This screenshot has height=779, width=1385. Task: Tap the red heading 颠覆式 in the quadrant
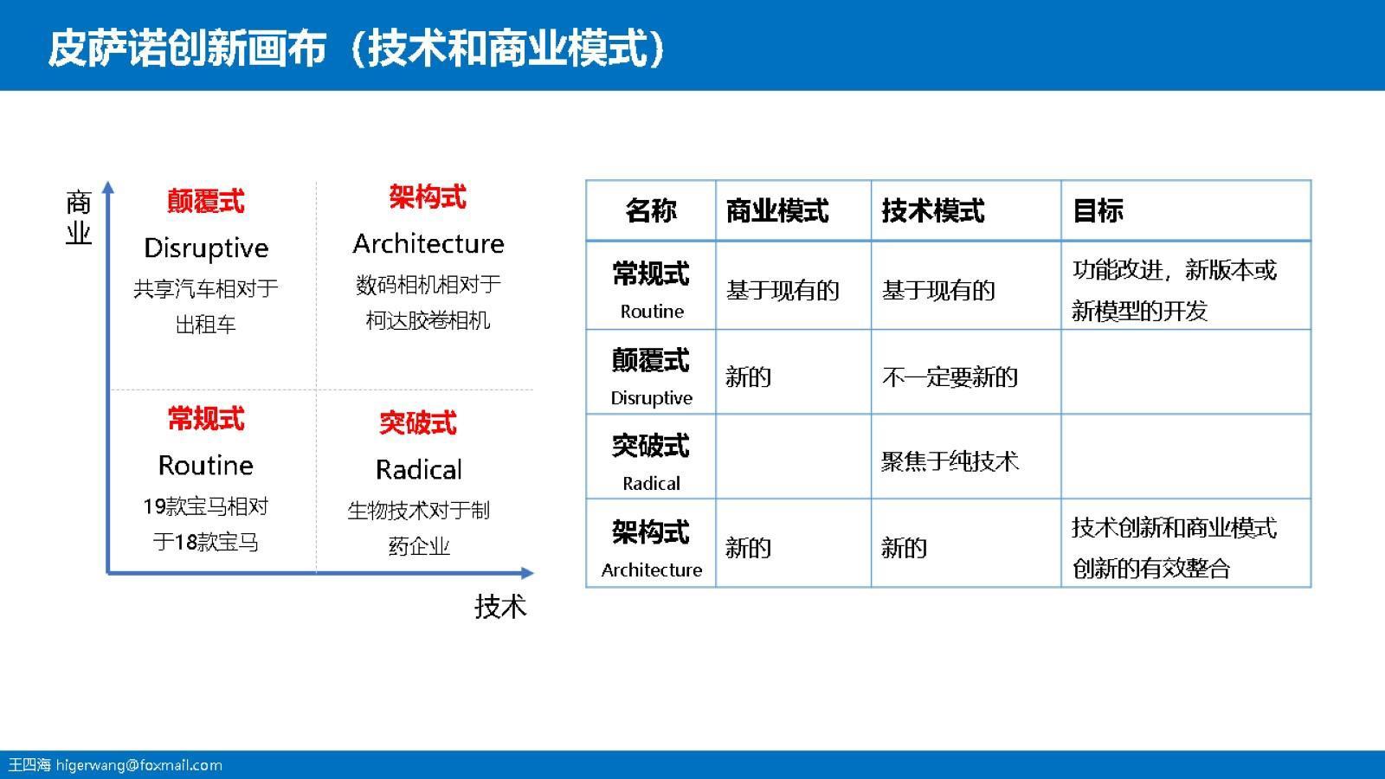tap(206, 202)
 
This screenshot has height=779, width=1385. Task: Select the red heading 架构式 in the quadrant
tap(428, 197)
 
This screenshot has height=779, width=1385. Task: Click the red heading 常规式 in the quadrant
tap(206, 419)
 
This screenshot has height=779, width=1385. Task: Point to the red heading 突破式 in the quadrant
tap(418, 423)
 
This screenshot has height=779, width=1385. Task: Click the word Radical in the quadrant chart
tap(419, 469)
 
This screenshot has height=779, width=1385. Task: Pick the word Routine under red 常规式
tap(206, 466)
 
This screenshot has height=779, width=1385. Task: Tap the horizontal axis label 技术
tap(500, 606)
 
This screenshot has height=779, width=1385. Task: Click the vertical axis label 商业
tap(79, 217)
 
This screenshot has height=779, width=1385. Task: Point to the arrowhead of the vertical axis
tap(108, 186)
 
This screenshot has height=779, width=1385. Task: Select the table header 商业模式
tap(777, 210)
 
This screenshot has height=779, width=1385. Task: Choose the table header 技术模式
tap(933, 210)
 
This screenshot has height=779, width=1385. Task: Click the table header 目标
tap(1098, 210)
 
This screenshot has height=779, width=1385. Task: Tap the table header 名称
tap(651, 210)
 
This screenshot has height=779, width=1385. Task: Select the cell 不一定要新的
tap(950, 377)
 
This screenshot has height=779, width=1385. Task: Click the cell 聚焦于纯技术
tap(950, 461)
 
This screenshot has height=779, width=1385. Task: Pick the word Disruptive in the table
tap(652, 398)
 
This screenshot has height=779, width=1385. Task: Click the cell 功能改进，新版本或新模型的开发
tap(1174, 290)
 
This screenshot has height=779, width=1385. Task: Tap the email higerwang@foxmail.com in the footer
tap(139, 765)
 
